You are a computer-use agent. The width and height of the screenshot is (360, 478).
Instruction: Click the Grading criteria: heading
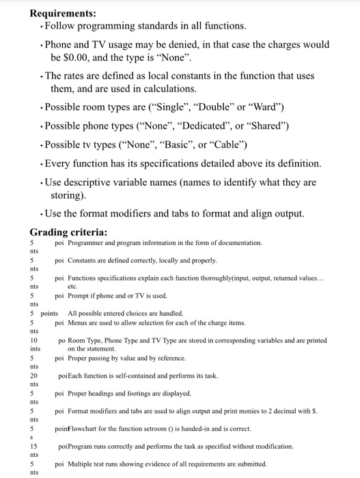point(68,231)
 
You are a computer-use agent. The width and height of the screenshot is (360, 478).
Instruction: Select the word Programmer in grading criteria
point(87,243)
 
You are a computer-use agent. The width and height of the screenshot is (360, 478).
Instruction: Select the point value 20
point(33,376)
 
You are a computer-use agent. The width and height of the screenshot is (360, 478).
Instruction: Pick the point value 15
point(33,446)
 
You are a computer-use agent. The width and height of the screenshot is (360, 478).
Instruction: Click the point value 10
point(33,339)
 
